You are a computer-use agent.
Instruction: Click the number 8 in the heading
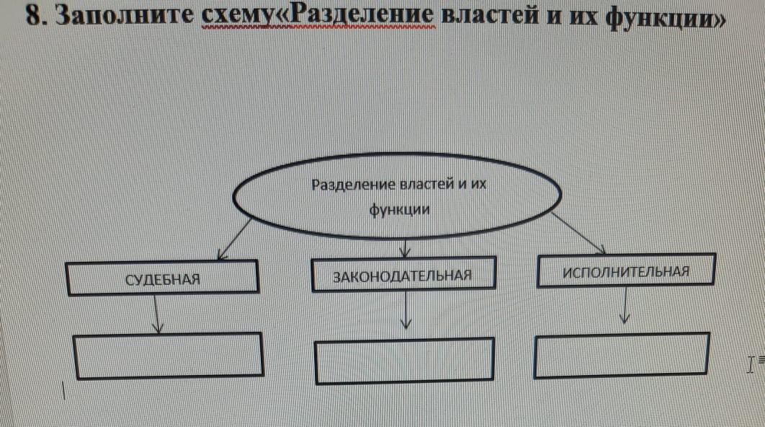pyautogui.click(x=33, y=16)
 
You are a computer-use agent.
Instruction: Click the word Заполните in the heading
pyautogui.click(x=125, y=17)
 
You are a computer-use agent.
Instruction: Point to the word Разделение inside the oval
pyautogui.click(x=353, y=185)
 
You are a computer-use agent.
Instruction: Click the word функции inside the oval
pyautogui.click(x=400, y=210)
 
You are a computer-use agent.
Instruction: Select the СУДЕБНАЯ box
pyautogui.click(x=162, y=278)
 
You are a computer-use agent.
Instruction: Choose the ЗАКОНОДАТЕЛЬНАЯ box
pyautogui.click(x=403, y=274)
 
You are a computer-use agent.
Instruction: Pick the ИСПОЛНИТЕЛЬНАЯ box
pyautogui.click(x=627, y=270)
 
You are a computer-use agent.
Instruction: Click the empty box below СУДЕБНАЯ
pyautogui.click(x=169, y=356)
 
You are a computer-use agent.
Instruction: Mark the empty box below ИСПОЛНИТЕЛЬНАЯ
pyautogui.click(x=622, y=355)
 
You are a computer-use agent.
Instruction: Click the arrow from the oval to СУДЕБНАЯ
pyautogui.click(x=234, y=239)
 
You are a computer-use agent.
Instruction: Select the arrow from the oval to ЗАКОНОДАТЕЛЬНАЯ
pyautogui.click(x=404, y=248)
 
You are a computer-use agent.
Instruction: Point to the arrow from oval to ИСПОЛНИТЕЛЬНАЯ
pyautogui.click(x=578, y=233)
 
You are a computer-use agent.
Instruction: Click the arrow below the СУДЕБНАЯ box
pyautogui.click(x=156, y=314)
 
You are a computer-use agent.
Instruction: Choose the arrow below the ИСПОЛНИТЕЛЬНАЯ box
pyautogui.click(x=625, y=305)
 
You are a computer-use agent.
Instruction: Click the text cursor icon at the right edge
pyautogui.click(x=751, y=364)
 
